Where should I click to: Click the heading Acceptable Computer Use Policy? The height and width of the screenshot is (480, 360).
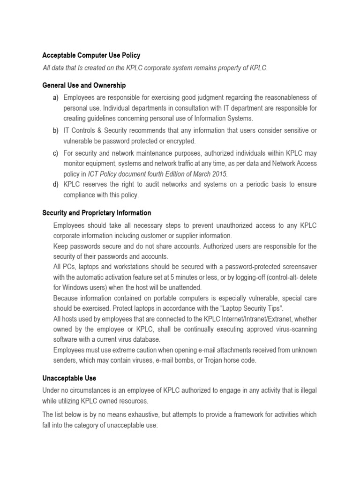(x=91, y=55)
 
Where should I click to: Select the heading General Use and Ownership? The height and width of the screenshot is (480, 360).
(x=84, y=85)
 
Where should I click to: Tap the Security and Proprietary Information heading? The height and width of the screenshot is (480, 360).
(x=97, y=213)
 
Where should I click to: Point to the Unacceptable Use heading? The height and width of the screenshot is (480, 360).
(x=69, y=378)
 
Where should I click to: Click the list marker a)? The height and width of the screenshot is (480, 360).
(x=55, y=97)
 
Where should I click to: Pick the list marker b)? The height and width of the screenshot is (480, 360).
(x=55, y=130)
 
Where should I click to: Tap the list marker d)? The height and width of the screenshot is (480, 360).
(x=55, y=184)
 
